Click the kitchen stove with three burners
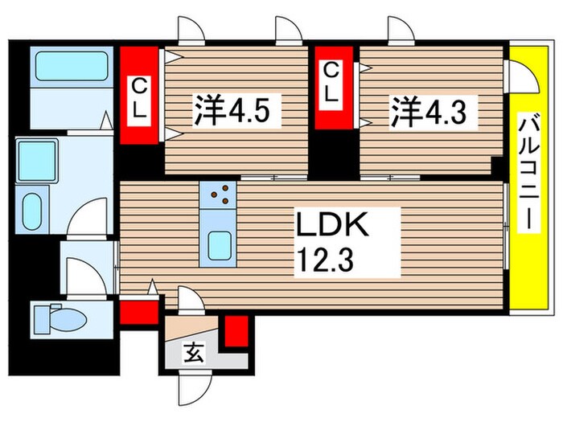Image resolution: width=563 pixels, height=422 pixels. tap(218, 194)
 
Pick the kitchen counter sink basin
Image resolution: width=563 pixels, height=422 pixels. tap(218, 244)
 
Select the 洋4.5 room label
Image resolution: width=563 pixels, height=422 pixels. tap(236, 110)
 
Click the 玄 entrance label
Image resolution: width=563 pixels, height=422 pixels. tap(194, 351)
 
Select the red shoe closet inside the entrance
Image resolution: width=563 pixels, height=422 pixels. tap(235, 332)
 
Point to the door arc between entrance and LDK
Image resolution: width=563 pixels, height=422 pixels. tap(190, 301)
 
